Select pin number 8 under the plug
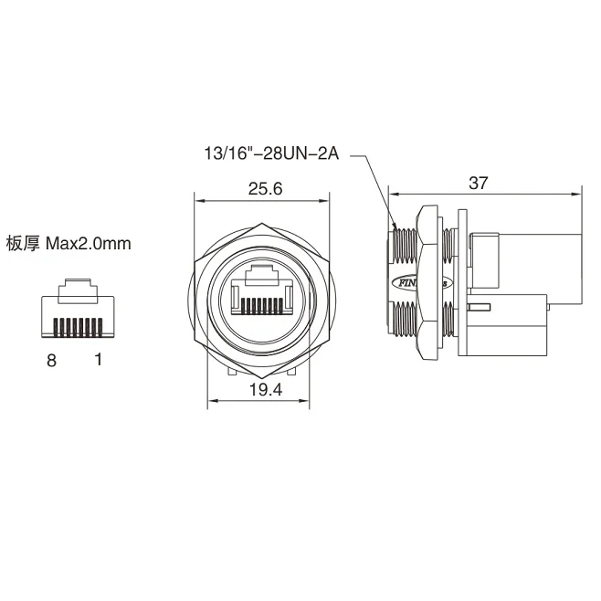pyautogui.click(x=52, y=360)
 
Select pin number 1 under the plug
pyautogui.click(x=98, y=360)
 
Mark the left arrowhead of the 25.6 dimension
pyautogui.click(x=196, y=200)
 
